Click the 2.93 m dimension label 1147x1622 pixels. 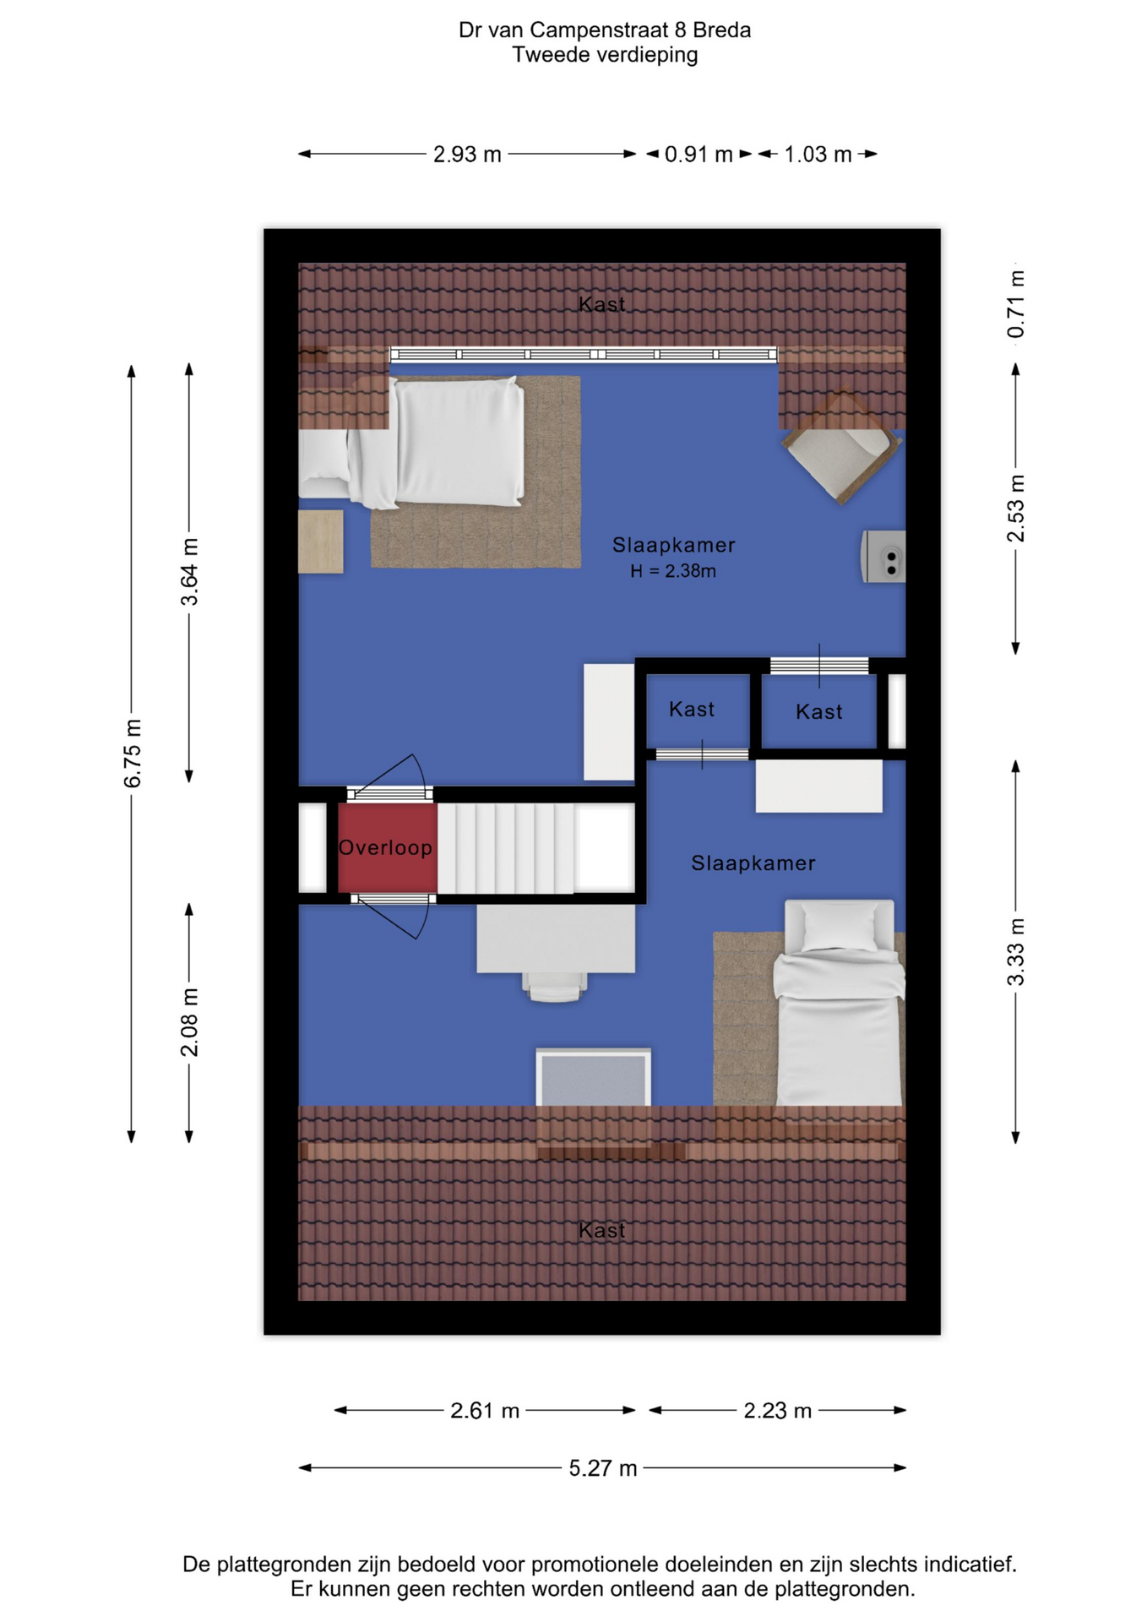(467, 155)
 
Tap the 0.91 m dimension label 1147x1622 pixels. (699, 155)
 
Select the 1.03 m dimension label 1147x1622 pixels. (818, 155)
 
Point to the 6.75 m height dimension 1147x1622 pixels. (133, 754)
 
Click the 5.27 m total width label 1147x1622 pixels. (602, 1467)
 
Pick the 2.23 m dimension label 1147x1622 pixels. (777, 1410)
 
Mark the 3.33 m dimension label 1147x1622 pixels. (1015, 952)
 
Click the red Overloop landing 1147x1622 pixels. (388, 847)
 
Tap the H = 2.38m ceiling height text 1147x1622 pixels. (673, 571)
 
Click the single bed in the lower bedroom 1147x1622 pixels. (839, 1003)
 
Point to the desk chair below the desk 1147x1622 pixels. (555, 986)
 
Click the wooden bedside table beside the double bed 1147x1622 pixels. (321, 542)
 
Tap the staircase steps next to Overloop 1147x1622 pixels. (506, 847)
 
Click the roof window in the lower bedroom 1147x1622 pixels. (593, 1077)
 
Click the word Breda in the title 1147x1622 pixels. (722, 30)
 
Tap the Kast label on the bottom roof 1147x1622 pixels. (602, 1230)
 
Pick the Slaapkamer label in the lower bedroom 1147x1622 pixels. (753, 863)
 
